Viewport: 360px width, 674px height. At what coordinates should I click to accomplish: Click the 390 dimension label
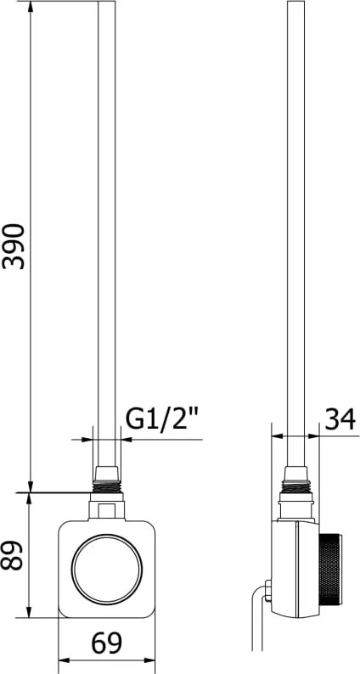(x=14, y=246)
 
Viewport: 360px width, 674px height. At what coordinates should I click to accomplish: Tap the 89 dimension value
(x=12, y=555)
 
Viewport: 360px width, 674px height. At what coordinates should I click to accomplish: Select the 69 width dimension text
(x=107, y=643)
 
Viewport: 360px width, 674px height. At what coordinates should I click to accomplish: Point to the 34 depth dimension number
(x=340, y=419)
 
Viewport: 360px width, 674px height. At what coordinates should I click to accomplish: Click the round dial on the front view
(x=107, y=569)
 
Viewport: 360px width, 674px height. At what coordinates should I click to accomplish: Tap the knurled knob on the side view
(x=330, y=570)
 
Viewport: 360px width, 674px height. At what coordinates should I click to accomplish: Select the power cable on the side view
(x=258, y=619)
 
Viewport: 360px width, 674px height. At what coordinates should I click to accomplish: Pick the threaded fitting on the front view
(x=107, y=486)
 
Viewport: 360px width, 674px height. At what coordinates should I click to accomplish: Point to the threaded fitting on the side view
(x=296, y=486)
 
